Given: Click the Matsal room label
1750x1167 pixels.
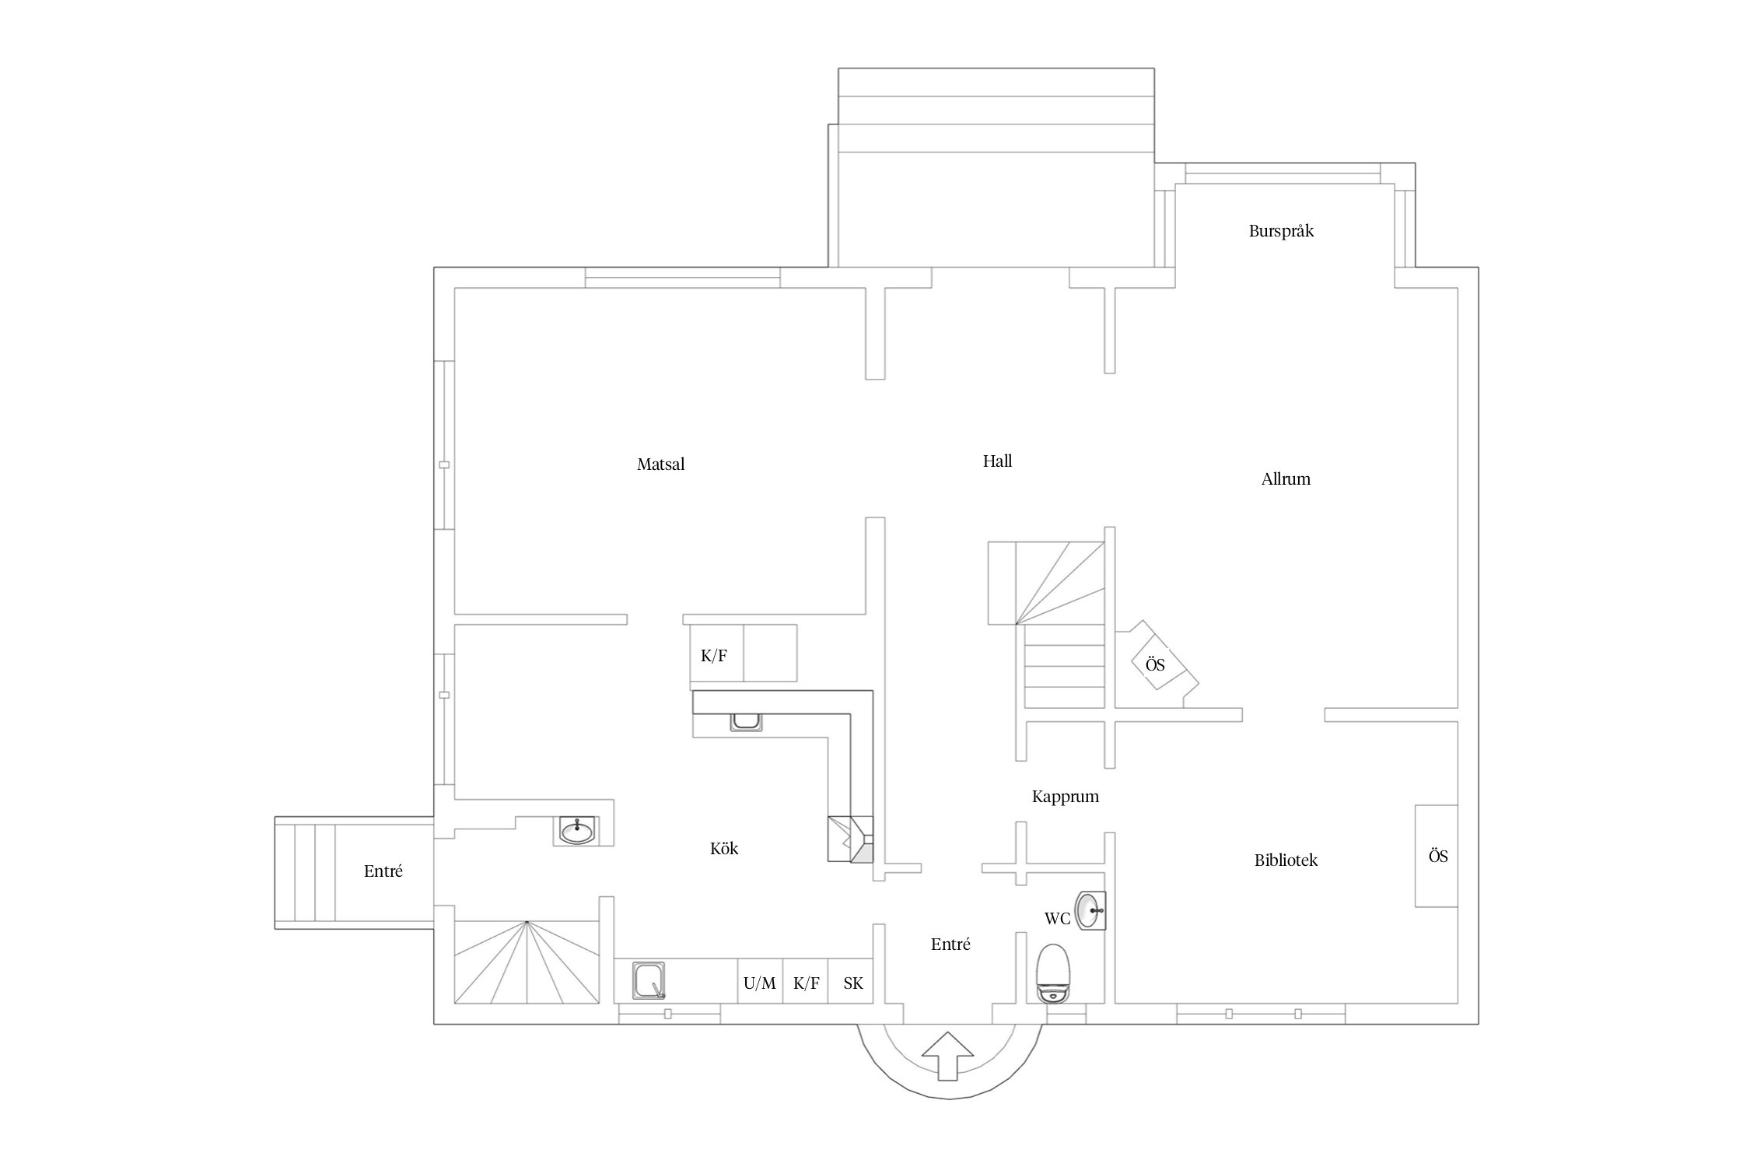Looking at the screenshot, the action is point(660,464).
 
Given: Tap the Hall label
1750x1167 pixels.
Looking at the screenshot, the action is point(997,461).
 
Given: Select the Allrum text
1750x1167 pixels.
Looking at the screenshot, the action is point(1286,479).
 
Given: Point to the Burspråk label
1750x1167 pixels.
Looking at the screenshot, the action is point(1281,231).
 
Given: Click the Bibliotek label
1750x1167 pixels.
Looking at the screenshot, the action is point(1286,860).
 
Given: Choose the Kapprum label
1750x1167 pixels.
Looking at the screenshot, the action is point(1065,797).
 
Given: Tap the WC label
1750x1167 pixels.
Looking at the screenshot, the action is point(1057,919).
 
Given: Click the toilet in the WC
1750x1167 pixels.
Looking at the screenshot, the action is point(1054,973).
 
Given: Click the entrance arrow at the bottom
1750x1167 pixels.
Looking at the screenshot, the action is point(947,1055).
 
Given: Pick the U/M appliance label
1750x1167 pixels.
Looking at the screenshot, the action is point(759,983).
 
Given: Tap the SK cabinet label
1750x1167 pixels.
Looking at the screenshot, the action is point(853,983).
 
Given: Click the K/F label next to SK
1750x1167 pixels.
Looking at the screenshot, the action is point(806,983).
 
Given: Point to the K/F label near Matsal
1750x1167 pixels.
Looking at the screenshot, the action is point(713,656).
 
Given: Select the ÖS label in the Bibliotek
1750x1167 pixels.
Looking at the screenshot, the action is point(1438,856).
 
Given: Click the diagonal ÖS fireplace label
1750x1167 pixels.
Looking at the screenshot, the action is point(1155,664).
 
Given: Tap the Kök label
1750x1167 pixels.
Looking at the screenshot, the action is point(724,848).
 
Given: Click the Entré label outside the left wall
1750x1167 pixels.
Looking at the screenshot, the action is point(383,871).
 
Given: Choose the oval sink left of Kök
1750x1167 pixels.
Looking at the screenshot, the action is point(576,831).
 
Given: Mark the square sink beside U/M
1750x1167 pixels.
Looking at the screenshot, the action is point(649,980).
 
